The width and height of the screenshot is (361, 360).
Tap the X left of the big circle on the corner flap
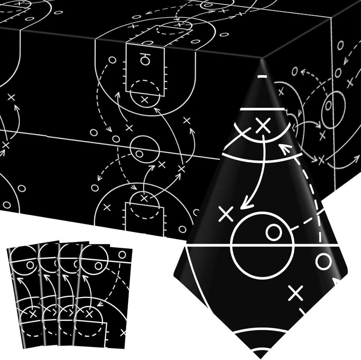[226, 214]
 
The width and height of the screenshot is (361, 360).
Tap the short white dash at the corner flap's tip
[263, 77]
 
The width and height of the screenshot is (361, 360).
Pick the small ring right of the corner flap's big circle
[323, 262]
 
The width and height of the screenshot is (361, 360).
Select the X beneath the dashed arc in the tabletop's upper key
[144, 99]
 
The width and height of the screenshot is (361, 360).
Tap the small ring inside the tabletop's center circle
[139, 154]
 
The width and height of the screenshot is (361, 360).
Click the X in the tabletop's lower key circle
[144, 198]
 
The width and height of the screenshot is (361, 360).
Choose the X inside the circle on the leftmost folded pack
[32, 314]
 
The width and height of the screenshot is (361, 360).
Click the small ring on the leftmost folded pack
[30, 265]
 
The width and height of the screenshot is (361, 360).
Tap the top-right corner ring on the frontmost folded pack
[122, 255]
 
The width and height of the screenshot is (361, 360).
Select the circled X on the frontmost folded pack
[89, 314]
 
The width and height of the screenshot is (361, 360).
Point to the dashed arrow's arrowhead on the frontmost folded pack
[99, 304]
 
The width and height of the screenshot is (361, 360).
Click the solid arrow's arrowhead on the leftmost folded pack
[19, 279]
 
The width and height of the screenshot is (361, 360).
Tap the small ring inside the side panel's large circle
[329, 105]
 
